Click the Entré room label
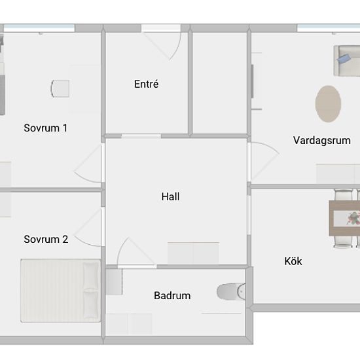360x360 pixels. click(146, 84)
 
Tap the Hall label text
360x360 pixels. click(170, 197)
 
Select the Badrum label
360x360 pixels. click(172, 295)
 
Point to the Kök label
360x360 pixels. click(293, 261)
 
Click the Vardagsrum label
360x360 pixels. click(321, 141)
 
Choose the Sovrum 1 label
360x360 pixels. click(45, 128)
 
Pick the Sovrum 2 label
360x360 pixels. click(46, 239)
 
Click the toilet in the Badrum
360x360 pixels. click(231, 291)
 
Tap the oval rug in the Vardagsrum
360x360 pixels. click(328, 104)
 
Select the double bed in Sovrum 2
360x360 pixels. click(61, 291)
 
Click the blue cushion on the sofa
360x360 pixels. click(344, 58)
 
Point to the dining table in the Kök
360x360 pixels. click(344, 218)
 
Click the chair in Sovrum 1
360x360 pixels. click(60, 88)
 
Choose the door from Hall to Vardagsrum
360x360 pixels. click(264, 161)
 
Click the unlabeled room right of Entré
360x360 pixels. click(219, 82)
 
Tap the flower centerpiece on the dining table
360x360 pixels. click(353, 218)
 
